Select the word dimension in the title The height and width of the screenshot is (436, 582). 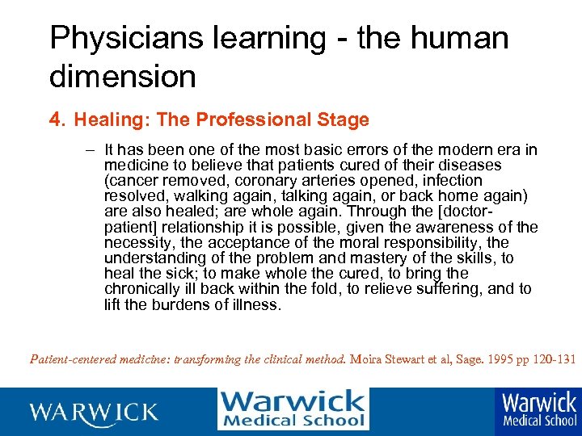tap(123, 77)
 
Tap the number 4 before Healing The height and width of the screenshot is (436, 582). tap(55, 120)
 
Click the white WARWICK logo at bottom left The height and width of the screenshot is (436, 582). tap(94, 412)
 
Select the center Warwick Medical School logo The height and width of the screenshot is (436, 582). tap(293, 409)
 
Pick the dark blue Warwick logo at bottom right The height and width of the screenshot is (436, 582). tap(539, 410)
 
